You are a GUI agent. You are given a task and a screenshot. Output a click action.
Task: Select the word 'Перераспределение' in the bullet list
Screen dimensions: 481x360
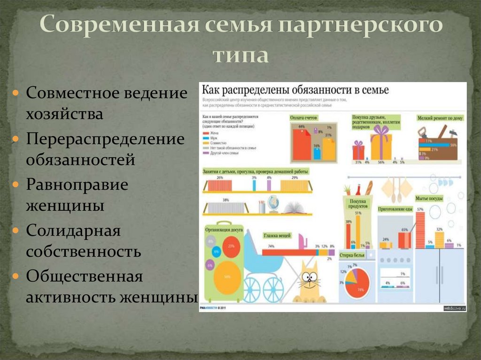click(105, 139)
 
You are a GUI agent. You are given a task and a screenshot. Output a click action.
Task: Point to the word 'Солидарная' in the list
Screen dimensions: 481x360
click(73, 230)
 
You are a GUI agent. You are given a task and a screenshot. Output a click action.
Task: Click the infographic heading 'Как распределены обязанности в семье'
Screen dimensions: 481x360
click(295, 90)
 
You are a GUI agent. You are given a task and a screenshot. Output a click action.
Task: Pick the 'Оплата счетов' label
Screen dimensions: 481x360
click(304, 117)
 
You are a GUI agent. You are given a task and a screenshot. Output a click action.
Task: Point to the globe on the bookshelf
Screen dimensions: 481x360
click(273, 203)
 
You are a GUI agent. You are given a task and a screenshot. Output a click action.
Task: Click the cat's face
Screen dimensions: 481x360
click(310, 279)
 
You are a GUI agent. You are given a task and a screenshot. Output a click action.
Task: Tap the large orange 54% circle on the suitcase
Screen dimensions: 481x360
click(227, 277)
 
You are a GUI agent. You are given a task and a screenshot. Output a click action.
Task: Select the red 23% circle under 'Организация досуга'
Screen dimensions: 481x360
click(231, 246)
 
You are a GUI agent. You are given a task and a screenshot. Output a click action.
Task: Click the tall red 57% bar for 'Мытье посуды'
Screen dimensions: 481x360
click(420, 230)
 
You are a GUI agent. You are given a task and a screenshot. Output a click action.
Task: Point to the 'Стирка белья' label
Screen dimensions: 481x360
click(352, 255)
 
